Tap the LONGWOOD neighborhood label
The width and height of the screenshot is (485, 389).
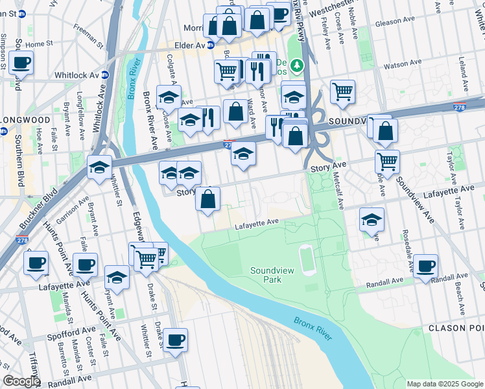click(x=25, y=120)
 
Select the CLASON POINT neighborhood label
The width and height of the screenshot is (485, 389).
click(x=456, y=328)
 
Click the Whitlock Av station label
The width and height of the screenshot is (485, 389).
click(x=81, y=75)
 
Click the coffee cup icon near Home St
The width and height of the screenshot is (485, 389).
click(x=21, y=63)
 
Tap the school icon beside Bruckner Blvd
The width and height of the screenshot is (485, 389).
click(x=100, y=168)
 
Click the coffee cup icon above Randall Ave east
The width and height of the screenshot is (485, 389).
click(x=426, y=265)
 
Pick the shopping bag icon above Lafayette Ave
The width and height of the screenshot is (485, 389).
click(x=208, y=200)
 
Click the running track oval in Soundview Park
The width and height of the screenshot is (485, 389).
click(x=308, y=259)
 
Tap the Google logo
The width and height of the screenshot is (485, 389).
click(x=21, y=381)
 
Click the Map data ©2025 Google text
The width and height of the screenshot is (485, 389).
click(x=445, y=384)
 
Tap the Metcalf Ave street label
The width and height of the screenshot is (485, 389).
click(x=338, y=187)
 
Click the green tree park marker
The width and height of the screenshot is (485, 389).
click(x=296, y=65)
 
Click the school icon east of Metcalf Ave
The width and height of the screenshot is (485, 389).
click(x=372, y=220)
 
